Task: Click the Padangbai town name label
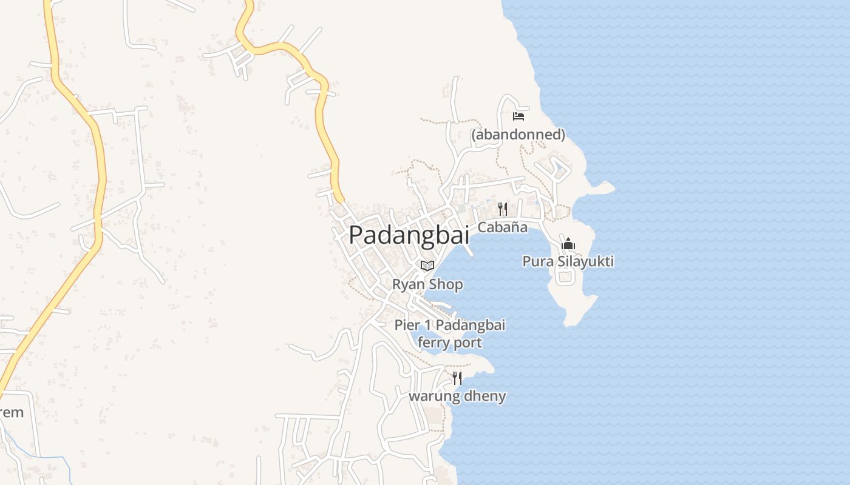click(409, 235)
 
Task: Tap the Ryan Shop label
click(427, 284)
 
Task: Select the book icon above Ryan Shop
click(427, 266)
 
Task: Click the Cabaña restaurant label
click(502, 227)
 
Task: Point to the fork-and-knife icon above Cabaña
click(503, 209)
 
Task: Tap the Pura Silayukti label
click(568, 261)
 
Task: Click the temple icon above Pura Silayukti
click(568, 244)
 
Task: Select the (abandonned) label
click(518, 135)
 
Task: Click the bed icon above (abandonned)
click(518, 116)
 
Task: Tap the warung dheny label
click(457, 396)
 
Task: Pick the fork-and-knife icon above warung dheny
click(457, 378)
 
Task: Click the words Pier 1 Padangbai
click(450, 325)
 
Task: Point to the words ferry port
click(450, 343)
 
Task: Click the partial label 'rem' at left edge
click(12, 413)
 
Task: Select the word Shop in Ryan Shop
click(446, 284)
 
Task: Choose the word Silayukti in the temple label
click(582, 261)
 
